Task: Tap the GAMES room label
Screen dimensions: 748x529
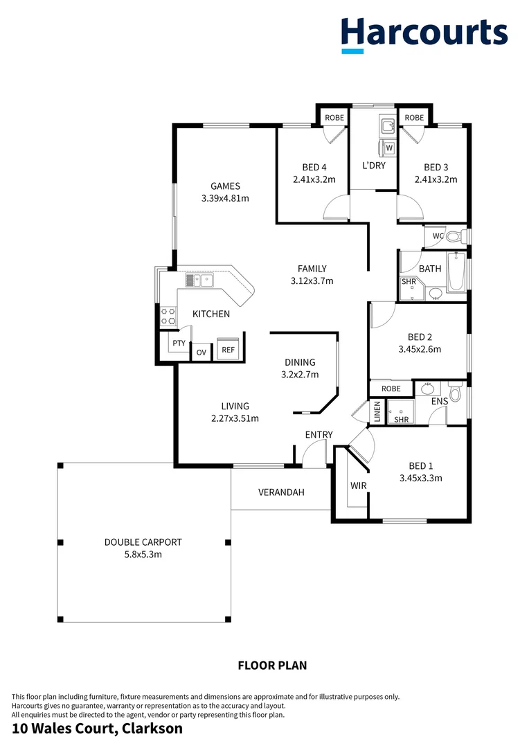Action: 225,186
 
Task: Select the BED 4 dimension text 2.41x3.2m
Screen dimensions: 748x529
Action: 314,179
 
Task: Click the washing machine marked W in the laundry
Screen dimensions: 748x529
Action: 388,148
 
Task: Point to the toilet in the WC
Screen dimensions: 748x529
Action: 453,237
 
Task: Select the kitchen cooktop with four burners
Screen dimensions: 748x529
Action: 168,317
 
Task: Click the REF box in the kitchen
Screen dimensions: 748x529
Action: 228,350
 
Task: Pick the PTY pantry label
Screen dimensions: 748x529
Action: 179,344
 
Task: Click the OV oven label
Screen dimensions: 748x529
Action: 201,353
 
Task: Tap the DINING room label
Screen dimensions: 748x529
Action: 300,362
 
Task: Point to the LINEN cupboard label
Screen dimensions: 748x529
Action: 377,412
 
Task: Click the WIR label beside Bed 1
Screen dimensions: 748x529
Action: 358,486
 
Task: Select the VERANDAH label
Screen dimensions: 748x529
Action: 281,492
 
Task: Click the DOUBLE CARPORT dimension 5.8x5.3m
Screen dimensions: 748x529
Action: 143,554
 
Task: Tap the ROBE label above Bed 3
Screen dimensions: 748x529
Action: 414,118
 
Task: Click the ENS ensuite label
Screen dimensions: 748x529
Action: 439,400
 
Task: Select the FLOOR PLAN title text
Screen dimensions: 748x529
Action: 272,666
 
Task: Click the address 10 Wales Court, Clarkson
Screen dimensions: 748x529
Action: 98,729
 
